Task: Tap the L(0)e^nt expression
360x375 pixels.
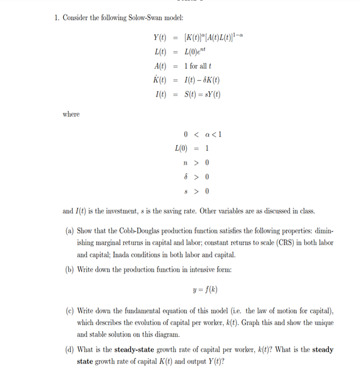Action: [x=198, y=53]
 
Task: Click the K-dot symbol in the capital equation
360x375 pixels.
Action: [x=161, y=80]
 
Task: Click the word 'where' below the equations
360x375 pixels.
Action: [x=71, y=114]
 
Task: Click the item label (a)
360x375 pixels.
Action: [x=70, y=232]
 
